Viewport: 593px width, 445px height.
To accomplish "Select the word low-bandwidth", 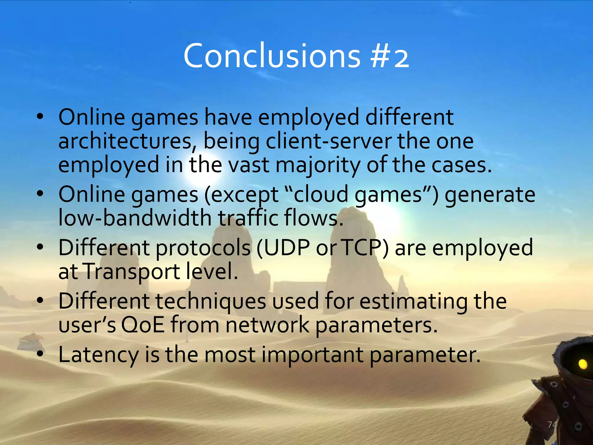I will (x=135, y=218).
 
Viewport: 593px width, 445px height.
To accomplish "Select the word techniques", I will (x=211, y=301).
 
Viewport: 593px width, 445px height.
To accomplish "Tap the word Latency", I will (x=98, y=355).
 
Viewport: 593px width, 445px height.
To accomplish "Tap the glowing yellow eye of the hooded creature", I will (x=583, y=364).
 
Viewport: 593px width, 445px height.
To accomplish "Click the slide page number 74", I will (x=552, y=425).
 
